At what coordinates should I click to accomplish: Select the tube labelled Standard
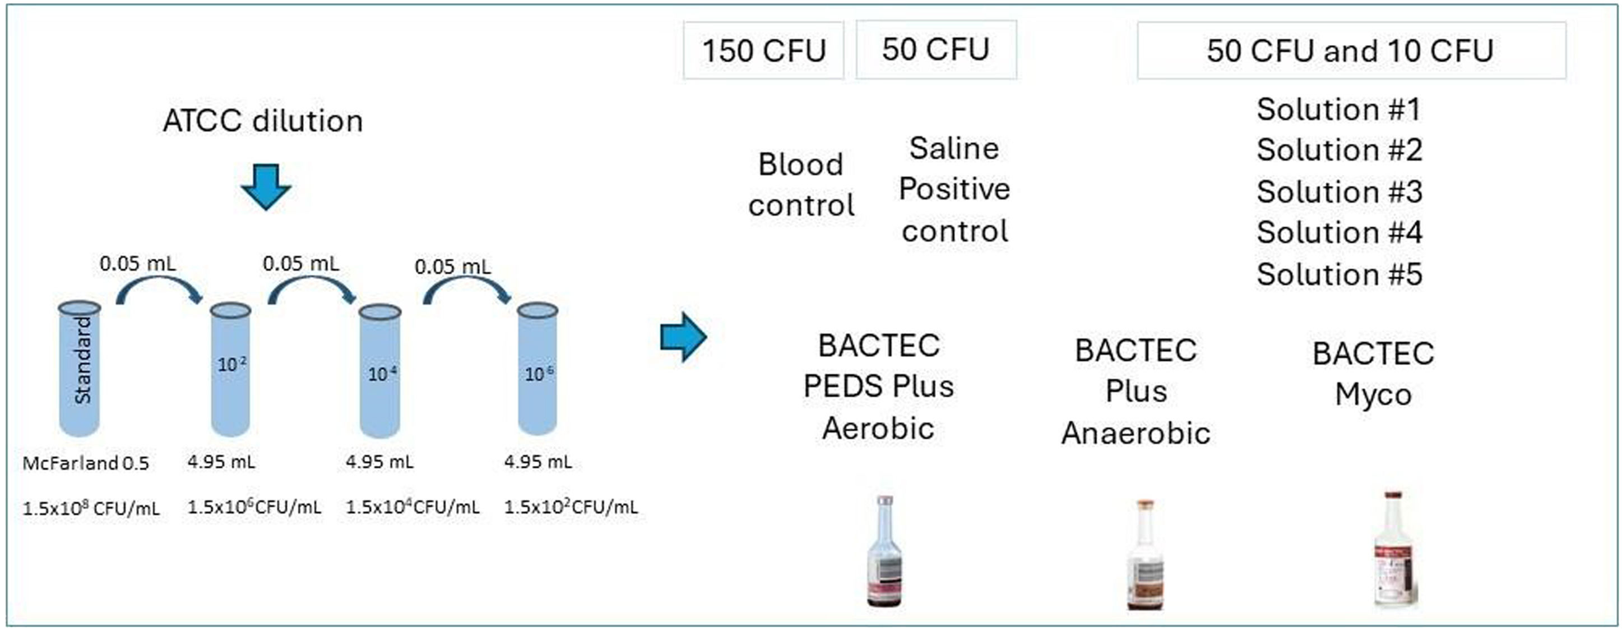[x=80, y=369]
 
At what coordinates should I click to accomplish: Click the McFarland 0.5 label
[x=86, y=464]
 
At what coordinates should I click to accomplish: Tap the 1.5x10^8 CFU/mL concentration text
[x=91, y=508]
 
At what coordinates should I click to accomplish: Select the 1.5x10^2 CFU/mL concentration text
[x=571, y=507]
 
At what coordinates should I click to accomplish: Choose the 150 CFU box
[x=763, y=50]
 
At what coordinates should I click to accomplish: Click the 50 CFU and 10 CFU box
[x=1351, y=50]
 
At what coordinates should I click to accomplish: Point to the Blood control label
[x=800, y=185]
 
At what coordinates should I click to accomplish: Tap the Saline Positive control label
[x=954, y=190]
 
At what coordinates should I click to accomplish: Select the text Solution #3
[x=1340, y=191]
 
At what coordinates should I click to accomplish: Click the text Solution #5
[x=1340, y=274]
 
